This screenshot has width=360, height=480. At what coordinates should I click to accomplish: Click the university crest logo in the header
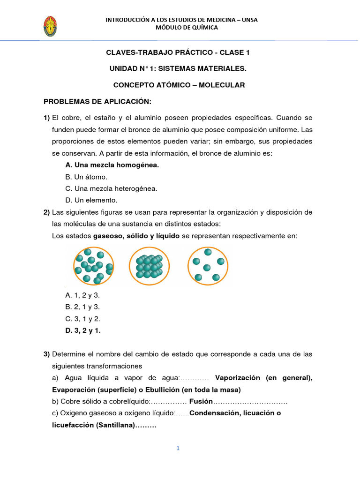click(50, 27)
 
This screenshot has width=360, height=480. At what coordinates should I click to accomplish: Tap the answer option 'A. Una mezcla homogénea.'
click(112, 165)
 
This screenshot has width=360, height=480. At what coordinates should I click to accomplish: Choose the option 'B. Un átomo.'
click(86, 177)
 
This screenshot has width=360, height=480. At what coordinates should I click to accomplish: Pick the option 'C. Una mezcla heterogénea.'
click(111, 189)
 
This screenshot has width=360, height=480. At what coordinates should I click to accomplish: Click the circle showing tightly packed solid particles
click(149, 266)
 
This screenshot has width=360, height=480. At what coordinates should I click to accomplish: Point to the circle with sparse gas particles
click(208, 266)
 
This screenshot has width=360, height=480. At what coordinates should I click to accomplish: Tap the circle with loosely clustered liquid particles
click(93, 266)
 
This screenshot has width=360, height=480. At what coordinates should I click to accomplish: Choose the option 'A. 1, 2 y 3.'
click(82, 295)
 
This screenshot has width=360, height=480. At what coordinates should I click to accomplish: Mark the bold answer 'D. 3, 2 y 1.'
click(83, 330)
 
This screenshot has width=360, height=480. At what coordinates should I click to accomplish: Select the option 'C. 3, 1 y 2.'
click(82, 319)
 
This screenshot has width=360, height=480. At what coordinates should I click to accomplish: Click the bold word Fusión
click(201, 402)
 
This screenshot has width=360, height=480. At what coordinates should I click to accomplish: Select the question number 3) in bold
click(47, 353)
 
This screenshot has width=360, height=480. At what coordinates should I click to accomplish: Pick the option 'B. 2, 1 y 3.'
click(82, 307)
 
